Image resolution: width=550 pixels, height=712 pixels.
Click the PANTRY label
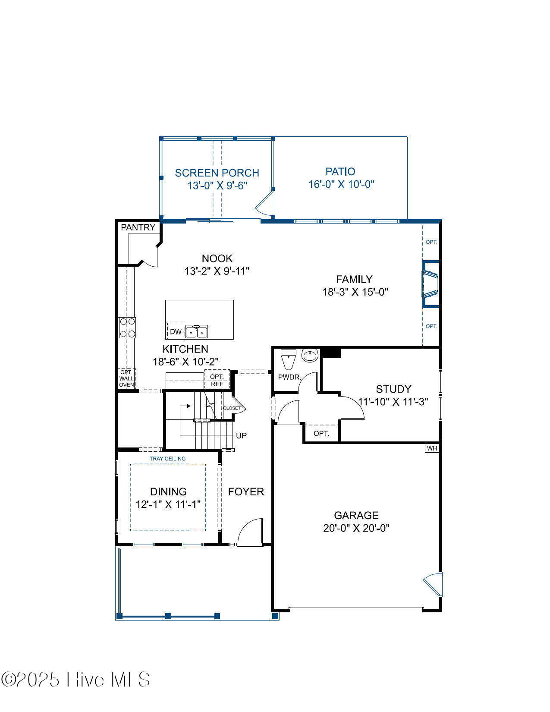(138, 227)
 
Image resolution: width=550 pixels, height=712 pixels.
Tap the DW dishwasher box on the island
(175, 331)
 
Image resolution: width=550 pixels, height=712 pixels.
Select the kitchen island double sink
(197, 331)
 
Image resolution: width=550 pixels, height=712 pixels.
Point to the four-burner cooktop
(127, 328)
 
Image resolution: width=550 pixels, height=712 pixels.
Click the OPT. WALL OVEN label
(126, 378)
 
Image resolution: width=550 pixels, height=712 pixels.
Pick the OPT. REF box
(217, 379)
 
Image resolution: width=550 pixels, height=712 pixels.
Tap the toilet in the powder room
(288, 359)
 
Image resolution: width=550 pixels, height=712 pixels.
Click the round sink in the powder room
(310, 355)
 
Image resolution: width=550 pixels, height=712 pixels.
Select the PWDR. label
(289, 377)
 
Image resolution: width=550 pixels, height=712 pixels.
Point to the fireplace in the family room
(430, 284)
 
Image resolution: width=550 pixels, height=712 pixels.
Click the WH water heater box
(432, 448)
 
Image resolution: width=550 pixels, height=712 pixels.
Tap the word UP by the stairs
(241, 435)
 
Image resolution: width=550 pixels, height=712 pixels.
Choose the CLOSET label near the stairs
(232, 408)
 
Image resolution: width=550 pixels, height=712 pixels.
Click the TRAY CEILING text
(167, 458)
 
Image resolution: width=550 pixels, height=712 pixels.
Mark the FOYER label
(246, 491)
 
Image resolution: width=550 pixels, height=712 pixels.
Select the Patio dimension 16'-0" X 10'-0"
(341, 184)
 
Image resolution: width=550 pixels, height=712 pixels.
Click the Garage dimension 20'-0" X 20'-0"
(356, 528)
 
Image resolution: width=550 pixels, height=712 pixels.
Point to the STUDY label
(393, 389)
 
